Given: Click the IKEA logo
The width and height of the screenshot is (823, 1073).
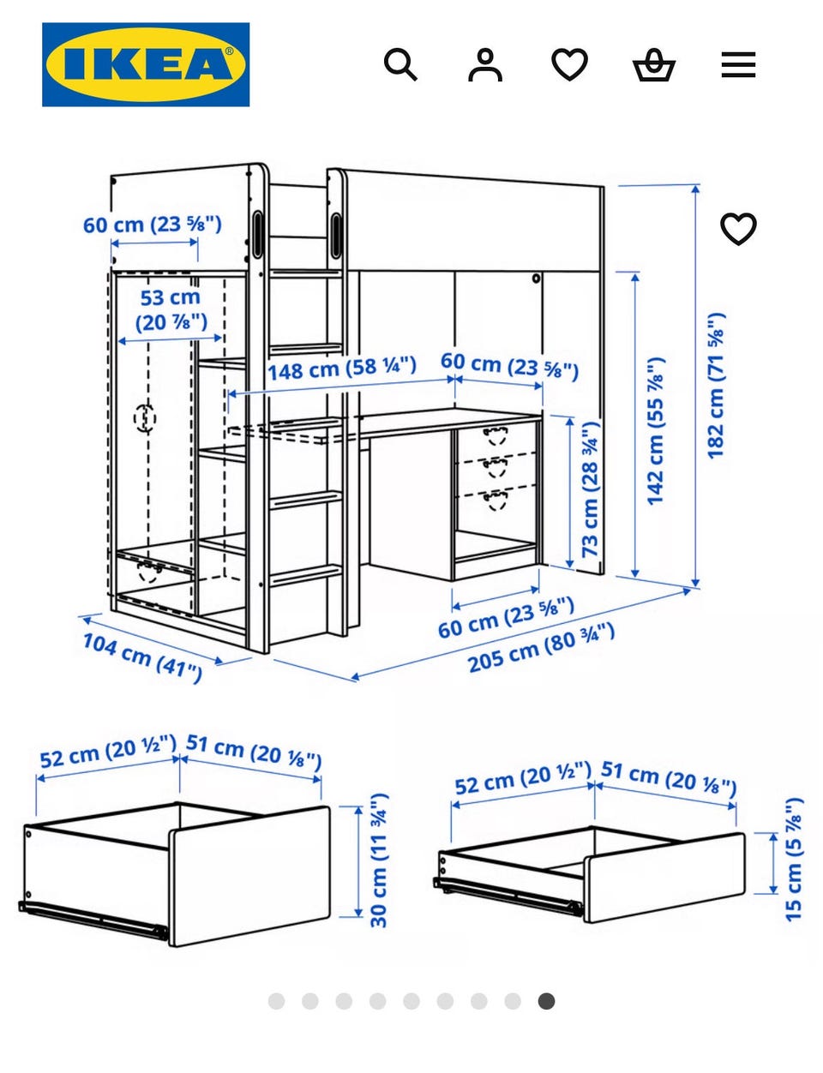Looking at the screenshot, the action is [x=146, y=64].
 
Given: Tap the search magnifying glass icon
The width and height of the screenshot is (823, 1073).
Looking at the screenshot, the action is [x=400, y=64].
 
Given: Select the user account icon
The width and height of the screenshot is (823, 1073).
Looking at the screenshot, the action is [x=485, y=64].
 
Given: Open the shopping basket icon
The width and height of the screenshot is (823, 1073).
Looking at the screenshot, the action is [x=654, y=64].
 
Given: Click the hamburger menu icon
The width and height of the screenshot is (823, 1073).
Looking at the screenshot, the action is [x=739, y=64].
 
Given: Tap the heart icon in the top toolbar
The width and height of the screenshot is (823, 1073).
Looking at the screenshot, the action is [x=570, y=64].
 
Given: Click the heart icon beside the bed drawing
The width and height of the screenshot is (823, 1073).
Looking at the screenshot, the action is [x=739, y=229].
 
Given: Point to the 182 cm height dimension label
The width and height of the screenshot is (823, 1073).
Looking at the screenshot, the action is [x=717, y=386].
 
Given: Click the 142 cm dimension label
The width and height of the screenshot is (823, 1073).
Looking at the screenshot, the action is [x=656, y=431].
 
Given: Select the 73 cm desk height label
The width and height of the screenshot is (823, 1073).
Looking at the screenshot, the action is [x=591, y=489].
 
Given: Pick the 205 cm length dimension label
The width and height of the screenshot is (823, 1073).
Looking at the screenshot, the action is [x=542, y=647].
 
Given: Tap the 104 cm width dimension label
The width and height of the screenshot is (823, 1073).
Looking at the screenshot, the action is [x=142, y=657].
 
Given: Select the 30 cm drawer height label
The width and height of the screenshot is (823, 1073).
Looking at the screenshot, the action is [x=380, y=860].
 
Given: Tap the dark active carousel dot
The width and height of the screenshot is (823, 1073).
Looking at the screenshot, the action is [x=546, y=1001].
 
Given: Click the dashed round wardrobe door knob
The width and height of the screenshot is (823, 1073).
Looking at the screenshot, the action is [x=145, y=417].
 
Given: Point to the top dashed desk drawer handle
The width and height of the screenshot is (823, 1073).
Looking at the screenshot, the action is [x=496, y=435].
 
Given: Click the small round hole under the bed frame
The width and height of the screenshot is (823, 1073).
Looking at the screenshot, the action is [x=536, y=279].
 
